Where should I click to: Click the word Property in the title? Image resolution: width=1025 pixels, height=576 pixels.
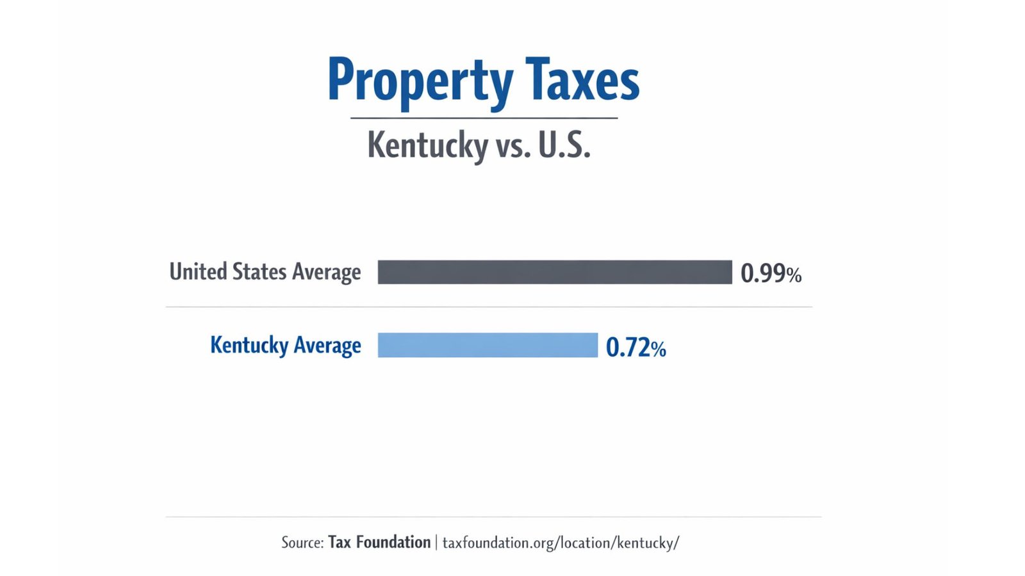[420, 82]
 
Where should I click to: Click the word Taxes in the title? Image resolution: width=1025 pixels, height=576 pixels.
[582, 81]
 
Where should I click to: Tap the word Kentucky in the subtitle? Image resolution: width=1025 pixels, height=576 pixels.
[427, 145]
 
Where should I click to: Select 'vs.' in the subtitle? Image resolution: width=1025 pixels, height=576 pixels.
[513, 147]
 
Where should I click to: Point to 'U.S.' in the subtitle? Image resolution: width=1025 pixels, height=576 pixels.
[564, 145]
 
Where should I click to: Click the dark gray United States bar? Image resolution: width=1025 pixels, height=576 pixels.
[555, 272]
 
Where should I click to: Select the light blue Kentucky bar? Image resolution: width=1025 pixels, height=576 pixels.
[488, 346]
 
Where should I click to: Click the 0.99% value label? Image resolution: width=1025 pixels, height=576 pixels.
[771, 274]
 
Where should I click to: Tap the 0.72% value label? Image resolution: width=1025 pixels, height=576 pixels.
[635, 348]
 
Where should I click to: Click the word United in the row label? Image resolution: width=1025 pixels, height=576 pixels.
[197, 272]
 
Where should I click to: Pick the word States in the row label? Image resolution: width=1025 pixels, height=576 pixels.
[259, 272]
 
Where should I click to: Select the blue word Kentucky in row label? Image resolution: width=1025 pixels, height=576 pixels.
[249, 346]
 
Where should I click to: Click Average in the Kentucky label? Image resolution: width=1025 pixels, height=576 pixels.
[327, 346]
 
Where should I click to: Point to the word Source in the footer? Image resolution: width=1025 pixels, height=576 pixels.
[302, 543]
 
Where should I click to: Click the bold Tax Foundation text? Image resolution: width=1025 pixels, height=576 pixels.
[379, 543]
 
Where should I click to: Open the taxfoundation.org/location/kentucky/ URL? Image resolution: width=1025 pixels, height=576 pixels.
[561, 543]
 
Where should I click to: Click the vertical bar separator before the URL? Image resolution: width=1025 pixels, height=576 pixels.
[437, 543]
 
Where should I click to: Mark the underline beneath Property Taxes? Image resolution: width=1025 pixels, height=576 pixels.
[484, 118]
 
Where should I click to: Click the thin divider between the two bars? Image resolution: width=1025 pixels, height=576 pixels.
[488, 307]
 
